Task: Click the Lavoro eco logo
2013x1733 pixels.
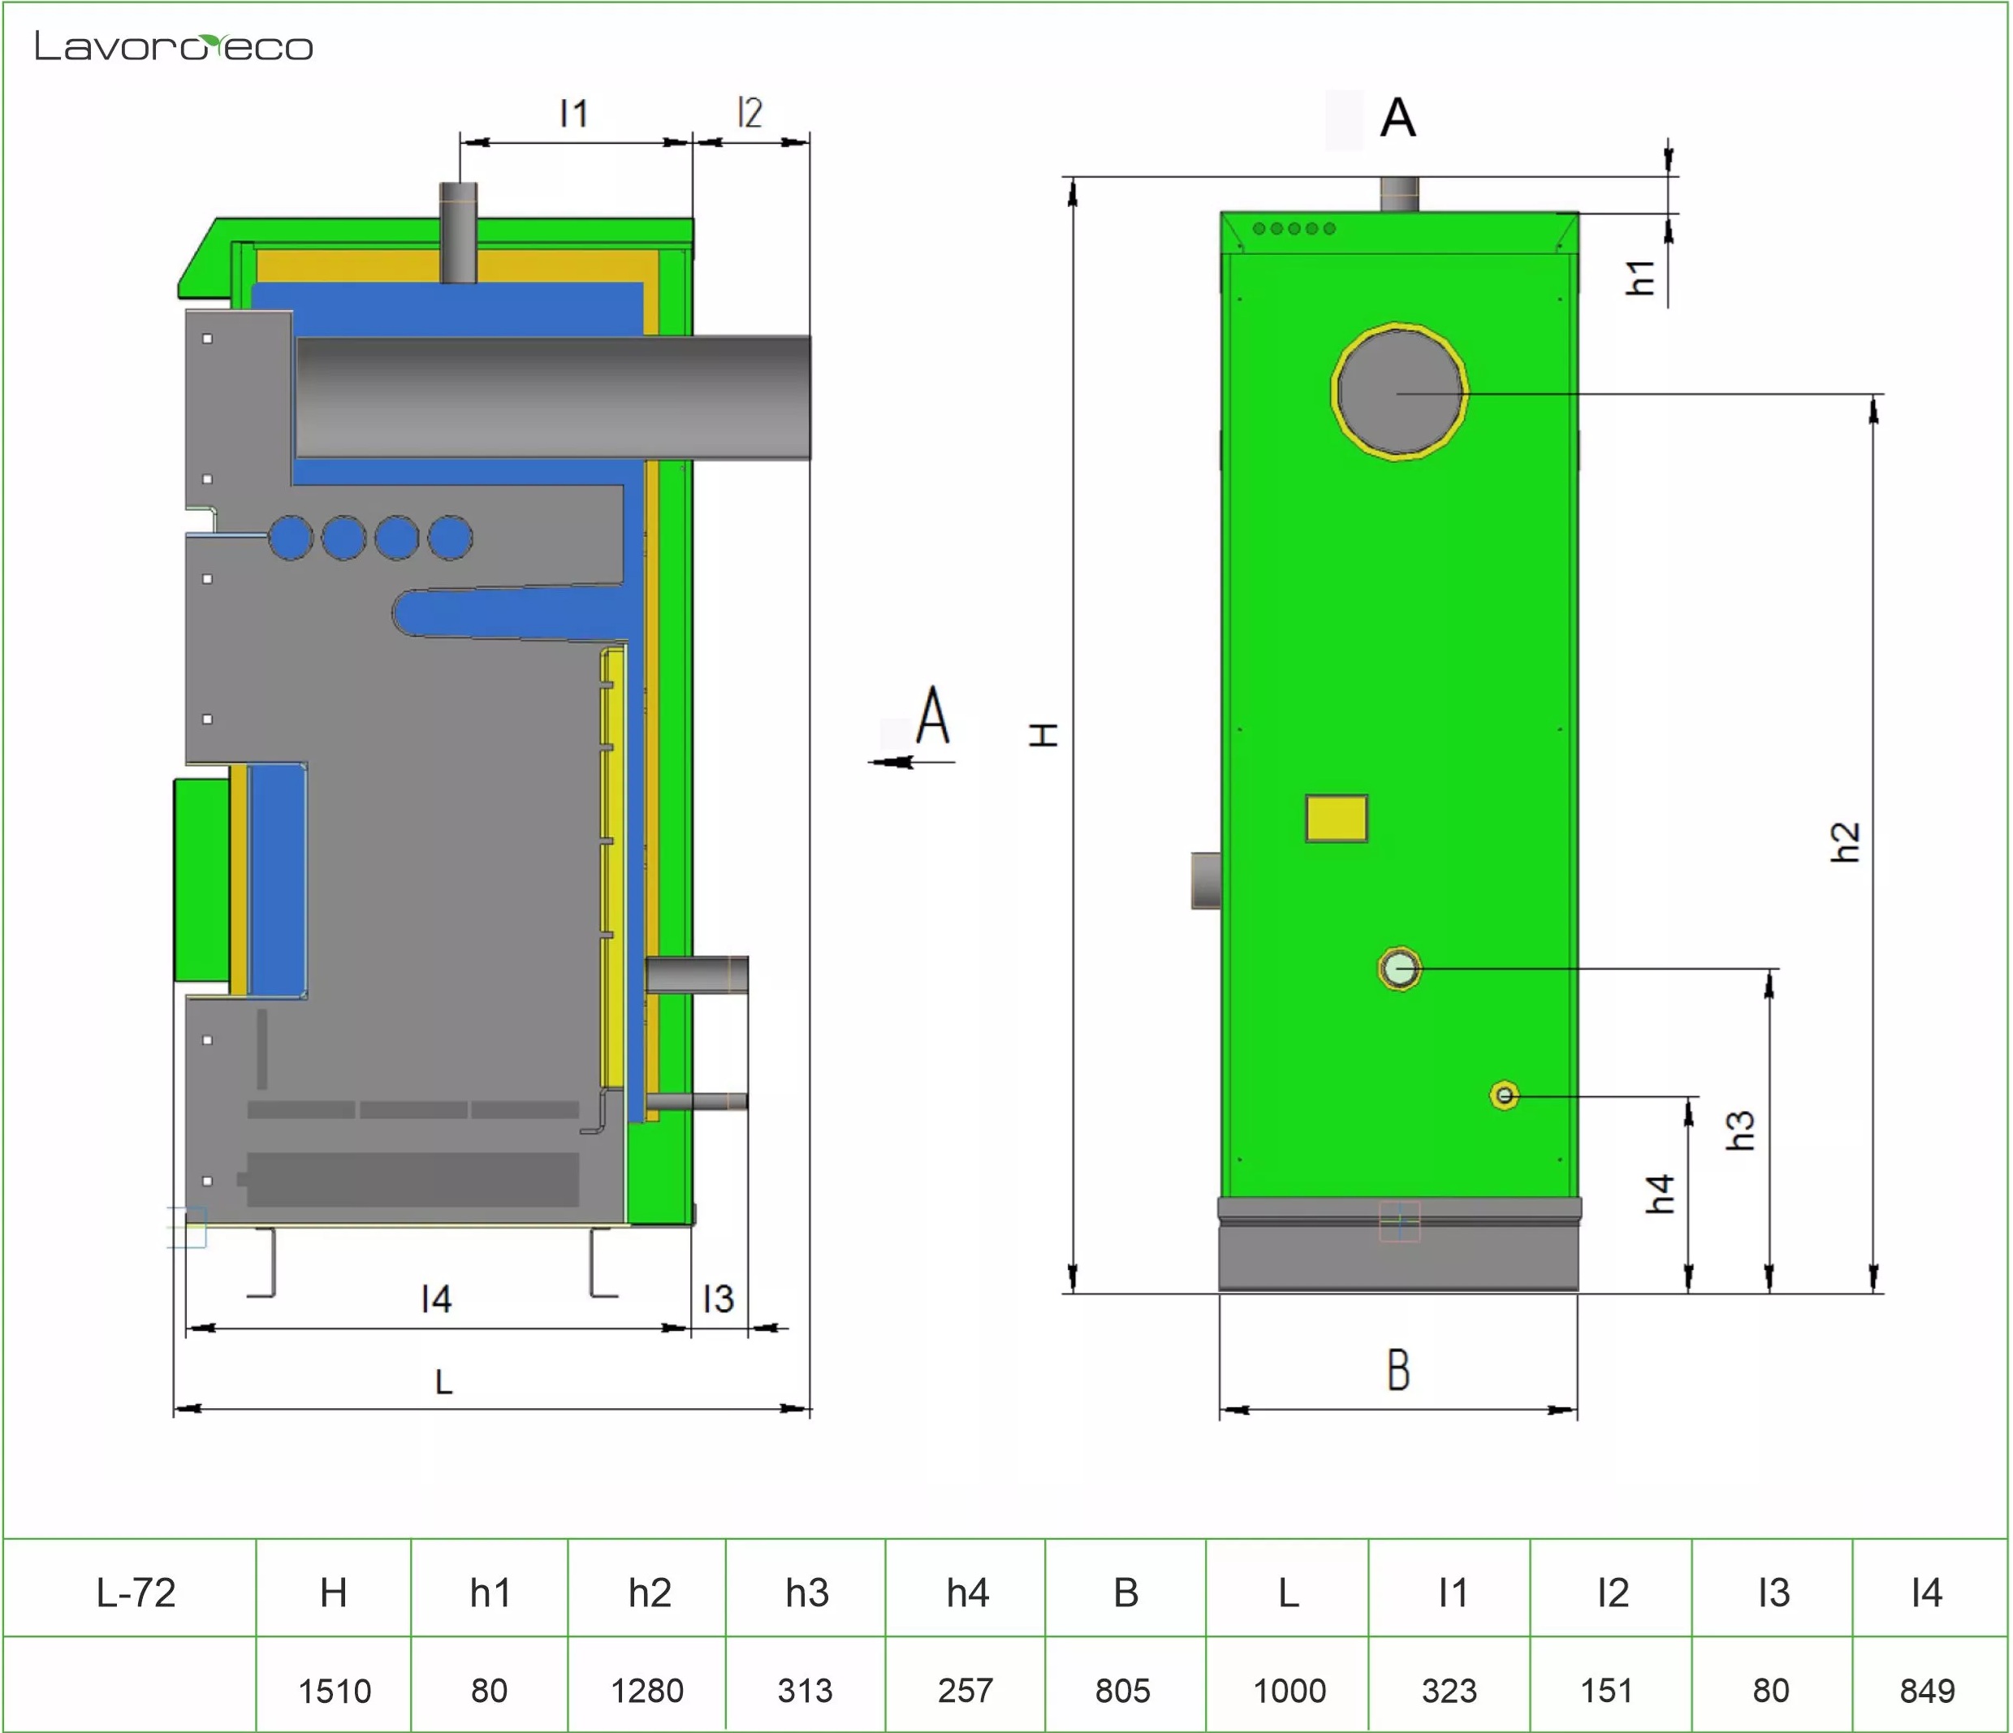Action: (x=174, y=46)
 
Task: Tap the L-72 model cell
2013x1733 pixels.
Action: (x=136, y=1593)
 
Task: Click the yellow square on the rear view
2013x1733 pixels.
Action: (x=1337, y=818)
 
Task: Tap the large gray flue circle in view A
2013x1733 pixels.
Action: (x=1400, y=391)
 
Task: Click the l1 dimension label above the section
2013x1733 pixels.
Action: (x=574, y=114)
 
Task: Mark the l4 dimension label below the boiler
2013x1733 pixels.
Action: (x=437, y=1299)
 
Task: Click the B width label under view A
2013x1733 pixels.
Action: (x=1398, y=1370)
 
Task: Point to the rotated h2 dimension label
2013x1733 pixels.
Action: (x=1845, y=841)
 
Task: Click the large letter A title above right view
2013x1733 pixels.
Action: (x=1398, y=118)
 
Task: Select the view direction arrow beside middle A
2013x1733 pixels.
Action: (x=911, y=762)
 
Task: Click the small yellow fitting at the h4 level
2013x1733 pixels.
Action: (x=1505, y=1096)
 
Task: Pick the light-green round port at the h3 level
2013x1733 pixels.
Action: (x=1400, y=969)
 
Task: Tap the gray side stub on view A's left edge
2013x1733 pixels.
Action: (x=1207, y=880)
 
